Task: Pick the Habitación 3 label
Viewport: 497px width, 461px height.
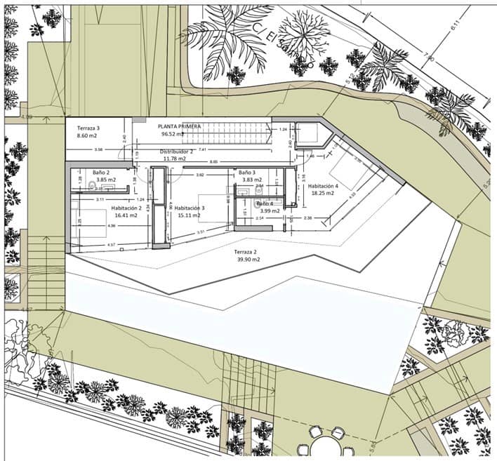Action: pos(190,208)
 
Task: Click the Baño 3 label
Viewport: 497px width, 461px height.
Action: pos(246,172)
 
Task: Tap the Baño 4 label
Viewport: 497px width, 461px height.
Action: pos(270,203)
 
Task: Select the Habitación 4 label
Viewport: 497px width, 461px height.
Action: pos(323,186)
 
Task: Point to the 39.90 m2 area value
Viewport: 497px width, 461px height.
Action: pos(249,260)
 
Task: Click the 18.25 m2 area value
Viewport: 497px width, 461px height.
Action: pos(323,194)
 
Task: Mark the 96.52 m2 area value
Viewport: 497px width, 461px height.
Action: pos(173,134)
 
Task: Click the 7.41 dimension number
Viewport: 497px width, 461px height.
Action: pos(202,150)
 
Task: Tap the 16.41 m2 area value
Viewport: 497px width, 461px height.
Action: pos(126,216)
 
